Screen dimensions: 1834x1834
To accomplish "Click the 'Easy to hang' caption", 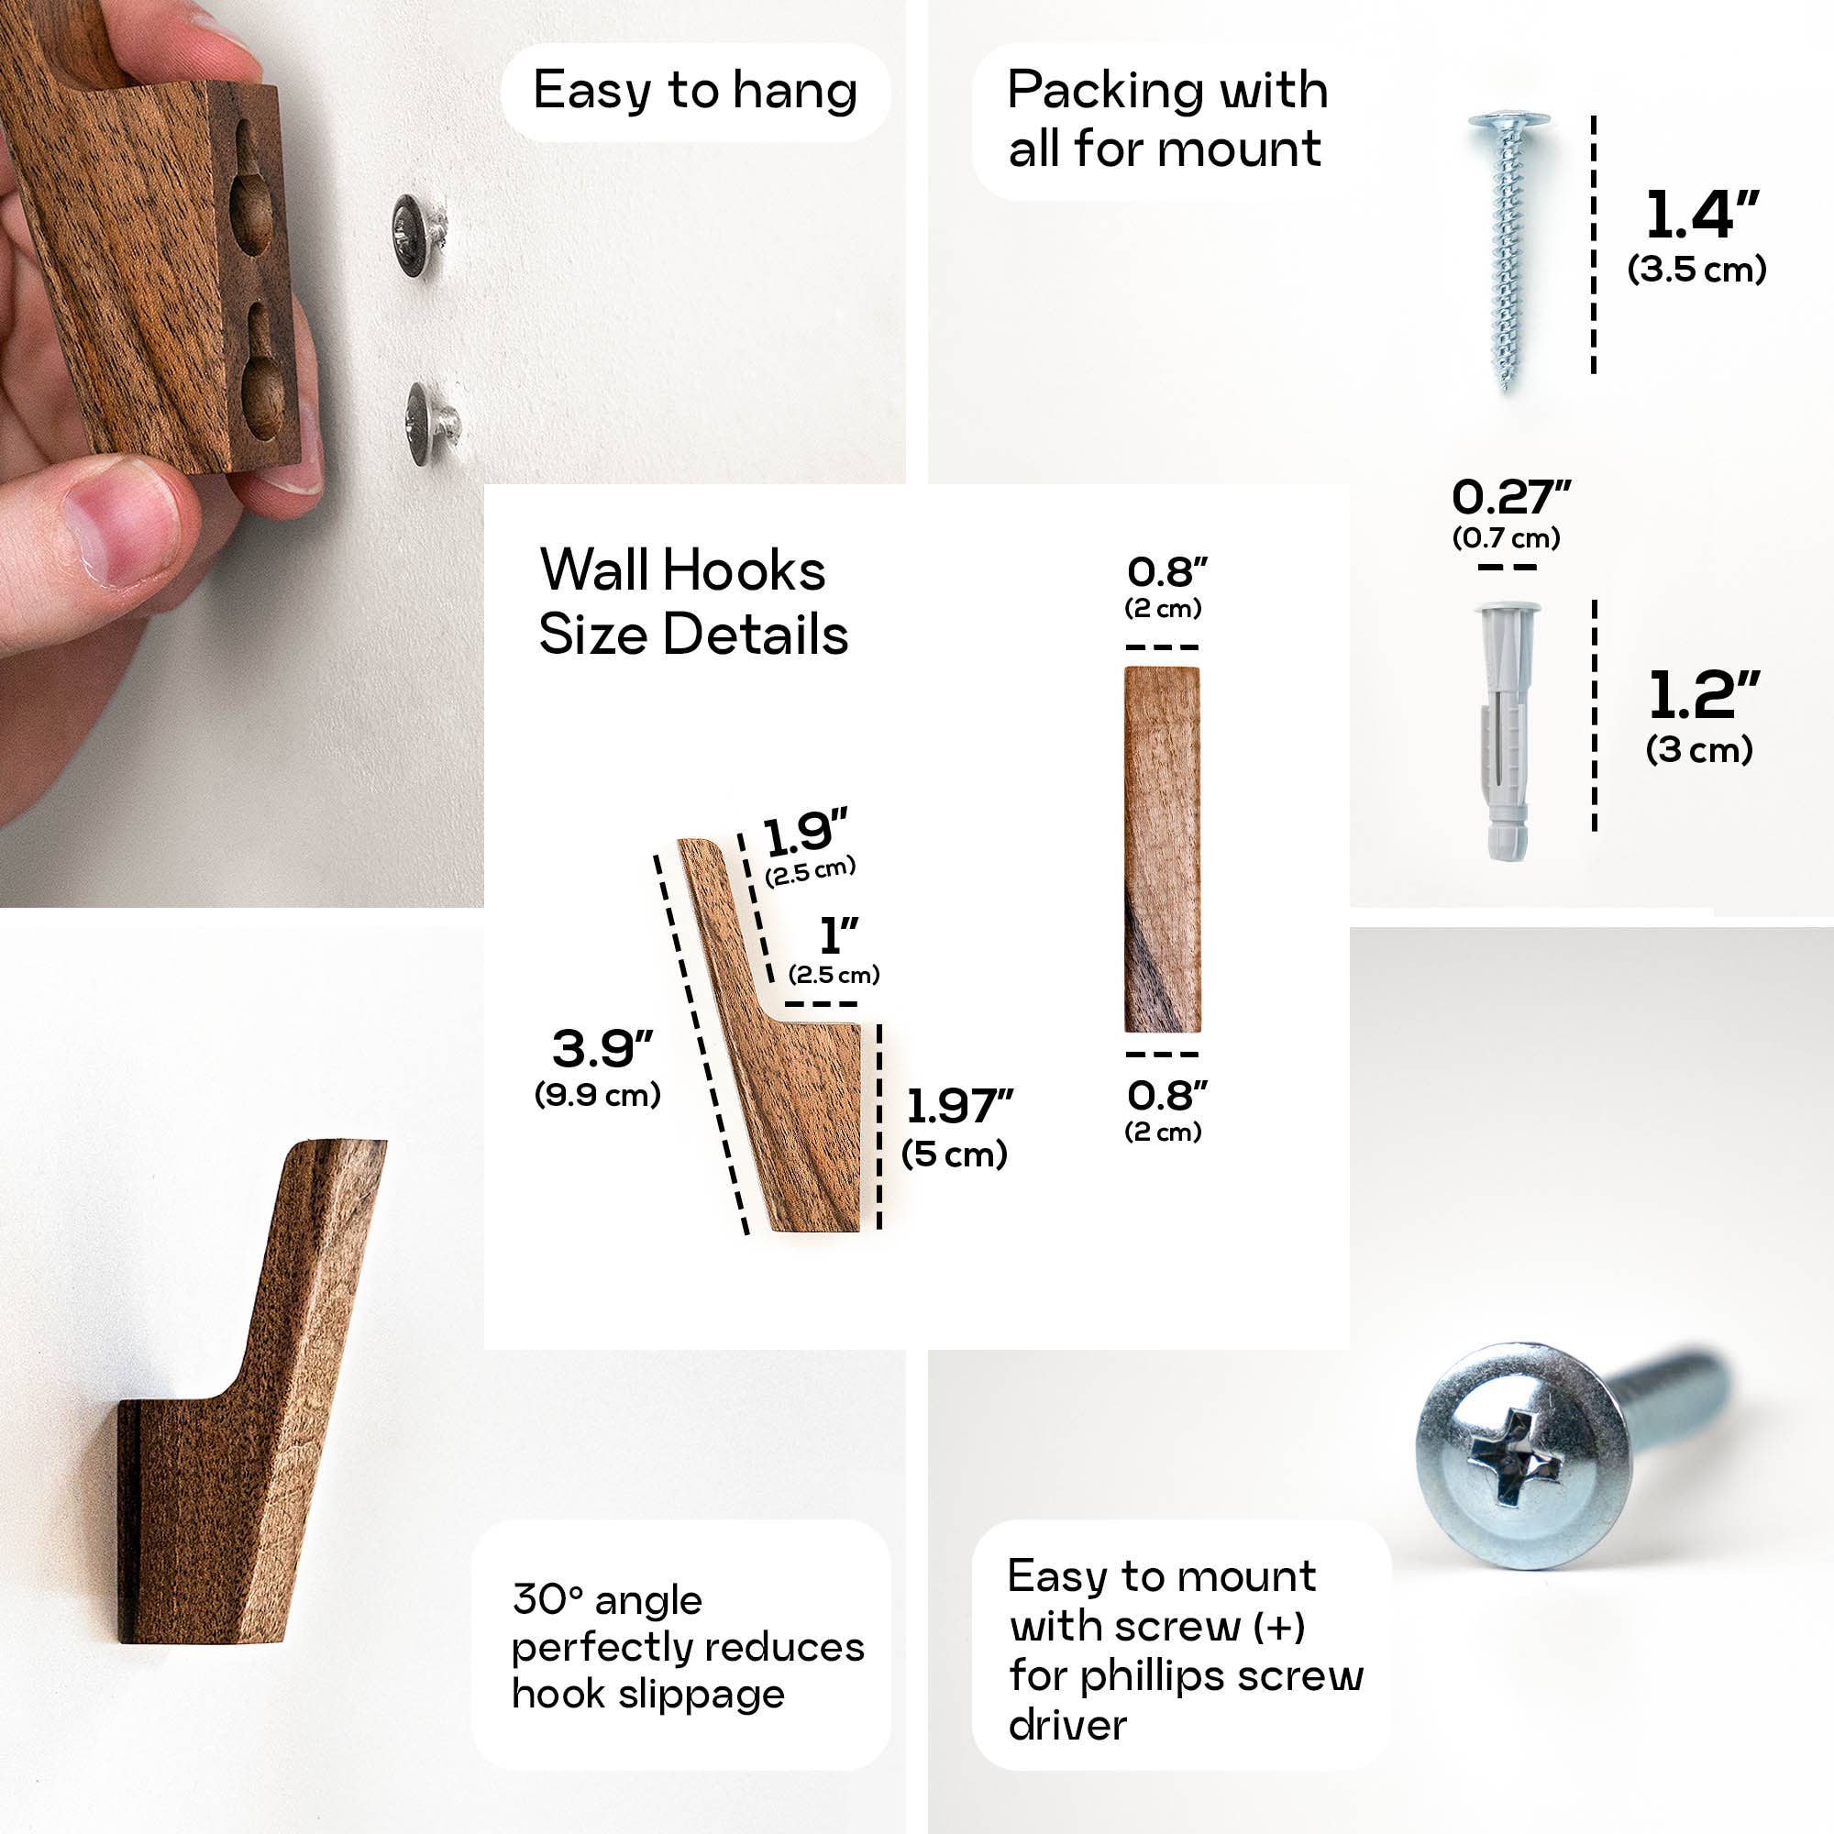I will point(695,91).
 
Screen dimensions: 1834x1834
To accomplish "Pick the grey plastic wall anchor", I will point(1506,729).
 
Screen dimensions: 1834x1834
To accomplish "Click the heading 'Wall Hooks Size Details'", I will point(692,602).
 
